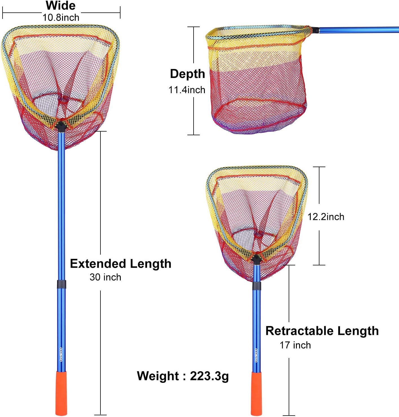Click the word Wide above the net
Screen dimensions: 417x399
pos(60,6)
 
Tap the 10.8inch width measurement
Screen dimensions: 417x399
pos(61,18)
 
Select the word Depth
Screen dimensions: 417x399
pos(187,74)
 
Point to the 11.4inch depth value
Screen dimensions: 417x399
pos(187,90)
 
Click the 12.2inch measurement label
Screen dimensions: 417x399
pos(326,217)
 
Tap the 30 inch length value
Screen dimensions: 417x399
pos(105,277)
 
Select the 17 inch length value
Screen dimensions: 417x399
pos(295,345)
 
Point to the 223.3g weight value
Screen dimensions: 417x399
pos(209,376)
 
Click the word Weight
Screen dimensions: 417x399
pos(158,376)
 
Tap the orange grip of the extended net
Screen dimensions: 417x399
pos(61,393)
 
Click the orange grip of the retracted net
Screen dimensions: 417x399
pos(256,393)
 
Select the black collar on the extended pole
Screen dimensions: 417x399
pos(62,284)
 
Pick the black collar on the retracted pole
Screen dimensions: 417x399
pos(256,286)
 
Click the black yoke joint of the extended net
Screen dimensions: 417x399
pos(61,126)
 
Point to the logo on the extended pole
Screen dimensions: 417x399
pos(61,355)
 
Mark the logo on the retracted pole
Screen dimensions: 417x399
pos(256,355)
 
